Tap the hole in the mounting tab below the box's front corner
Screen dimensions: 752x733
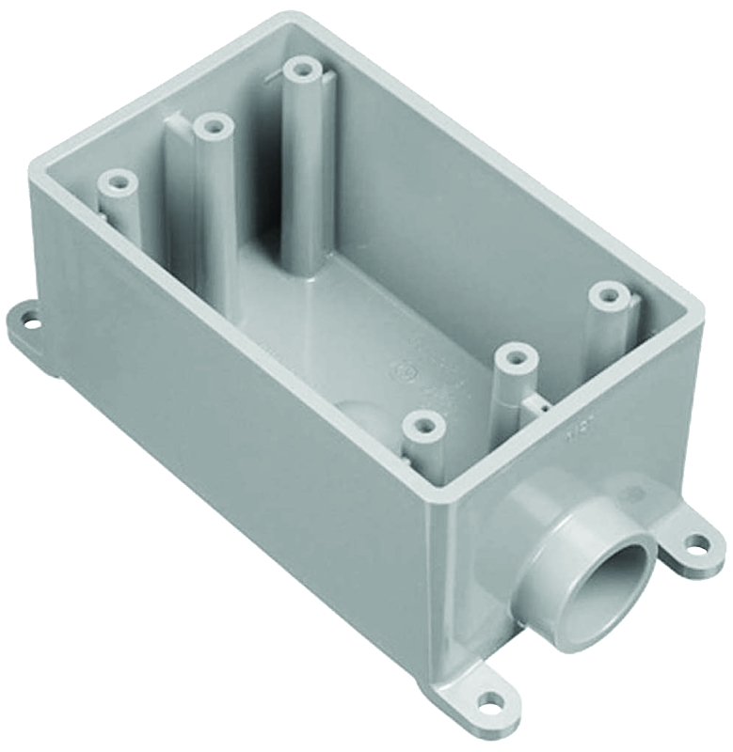pos(488,699)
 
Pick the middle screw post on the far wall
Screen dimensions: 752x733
pos(214,125)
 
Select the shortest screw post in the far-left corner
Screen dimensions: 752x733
pos(118,180)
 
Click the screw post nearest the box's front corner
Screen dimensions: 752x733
pos(424,426)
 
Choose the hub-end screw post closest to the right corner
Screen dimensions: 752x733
pos(609,295)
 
